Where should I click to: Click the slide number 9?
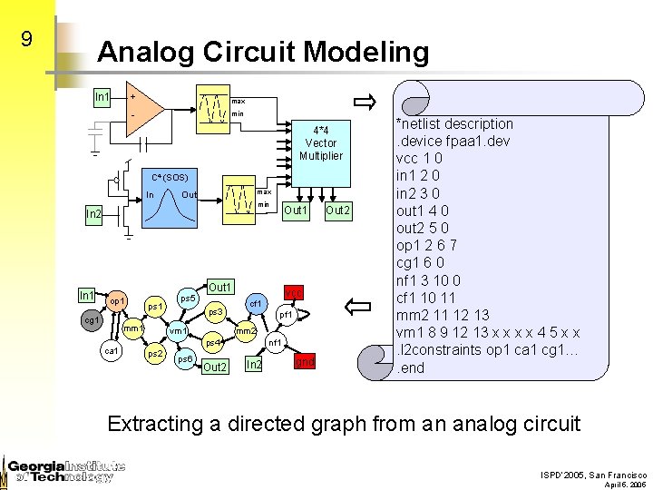pos(26,39)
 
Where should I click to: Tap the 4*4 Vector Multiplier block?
pos(321,142)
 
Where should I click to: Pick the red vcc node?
pos(293,291)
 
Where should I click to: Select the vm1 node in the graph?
pos(179,332)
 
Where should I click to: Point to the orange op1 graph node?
pos(117,299)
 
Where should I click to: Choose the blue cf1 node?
pos(257,302)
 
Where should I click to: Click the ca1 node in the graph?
pos(112,350)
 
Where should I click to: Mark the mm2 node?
pos(246,332)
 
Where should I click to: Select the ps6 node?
pos(184,360)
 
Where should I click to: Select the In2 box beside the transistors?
pos(94,214)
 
